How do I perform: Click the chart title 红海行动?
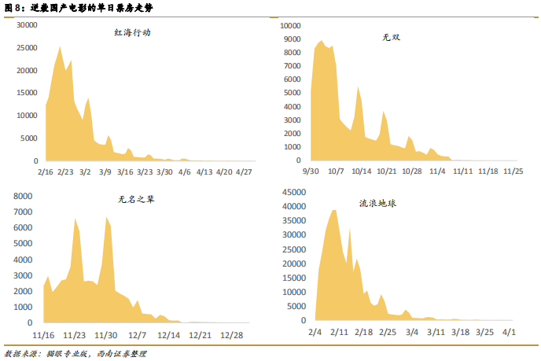tap(132, 33)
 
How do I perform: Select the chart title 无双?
tap(391, 37)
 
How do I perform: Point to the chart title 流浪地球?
tap(377, 202)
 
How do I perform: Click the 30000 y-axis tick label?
tap(28, 25)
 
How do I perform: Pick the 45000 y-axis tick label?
tap(293, 192)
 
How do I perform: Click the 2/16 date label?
tap(45, 171)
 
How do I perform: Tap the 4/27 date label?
tap(244, 171)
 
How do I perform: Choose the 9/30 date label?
tap(311, 171)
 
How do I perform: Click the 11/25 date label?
tap(513, 171)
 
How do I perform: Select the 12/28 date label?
tap(231, 333)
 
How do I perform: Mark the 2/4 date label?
tap(315, 332)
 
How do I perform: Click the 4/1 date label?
tap(509, 332)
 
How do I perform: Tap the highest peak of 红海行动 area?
tap(61, 46)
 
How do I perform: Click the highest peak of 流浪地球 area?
tap(334, 210)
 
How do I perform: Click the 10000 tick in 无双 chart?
tap(289, 25)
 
